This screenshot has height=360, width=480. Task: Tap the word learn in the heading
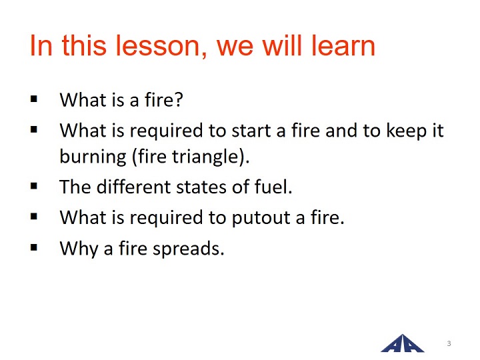click(343, 45)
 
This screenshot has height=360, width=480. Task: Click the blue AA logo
click(402, 343)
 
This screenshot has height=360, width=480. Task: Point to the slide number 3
click(449, 343)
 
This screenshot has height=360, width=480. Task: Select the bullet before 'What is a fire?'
click(34, 99)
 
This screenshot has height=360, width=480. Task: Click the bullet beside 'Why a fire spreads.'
click(34, 247)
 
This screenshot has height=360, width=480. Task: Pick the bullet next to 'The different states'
click(34, 186)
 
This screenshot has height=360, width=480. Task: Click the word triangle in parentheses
click(205, 157)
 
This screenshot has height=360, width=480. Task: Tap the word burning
click(93, 157)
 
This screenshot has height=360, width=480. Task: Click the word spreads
click(188, 249)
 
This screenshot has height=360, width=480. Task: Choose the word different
click(134, 187)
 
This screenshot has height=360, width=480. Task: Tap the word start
click(251, 131)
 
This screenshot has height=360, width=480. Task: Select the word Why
click(79, 249)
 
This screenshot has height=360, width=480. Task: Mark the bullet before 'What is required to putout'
click(34, 217)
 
